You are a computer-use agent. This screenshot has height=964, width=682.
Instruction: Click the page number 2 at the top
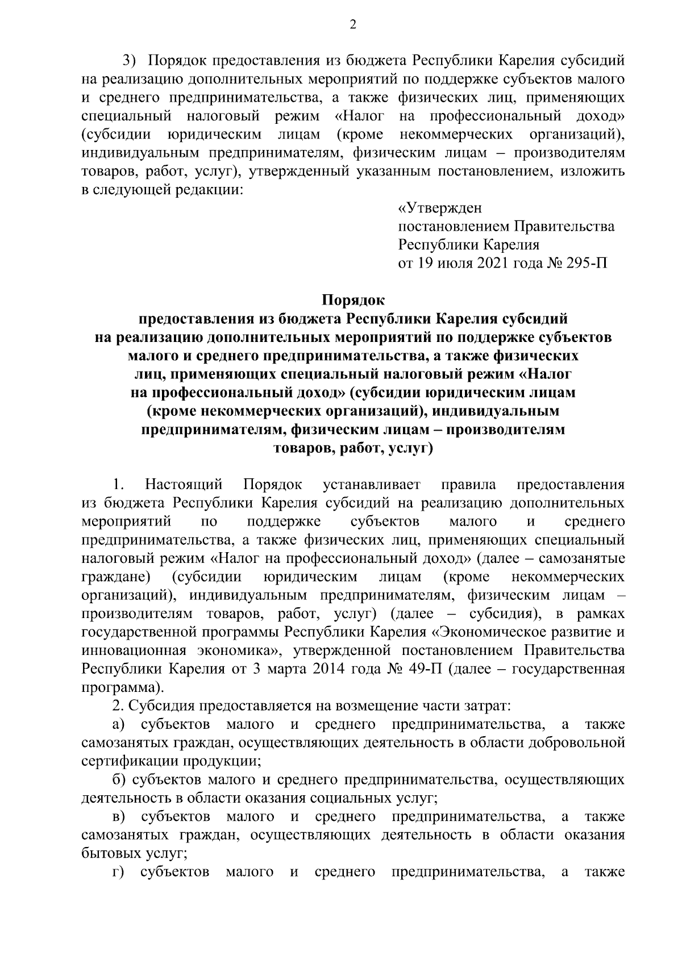coord(353,24)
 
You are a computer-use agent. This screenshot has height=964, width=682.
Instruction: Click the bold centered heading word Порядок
coord(353,299)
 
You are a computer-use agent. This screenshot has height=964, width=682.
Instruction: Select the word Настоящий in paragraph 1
coord(184,485)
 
